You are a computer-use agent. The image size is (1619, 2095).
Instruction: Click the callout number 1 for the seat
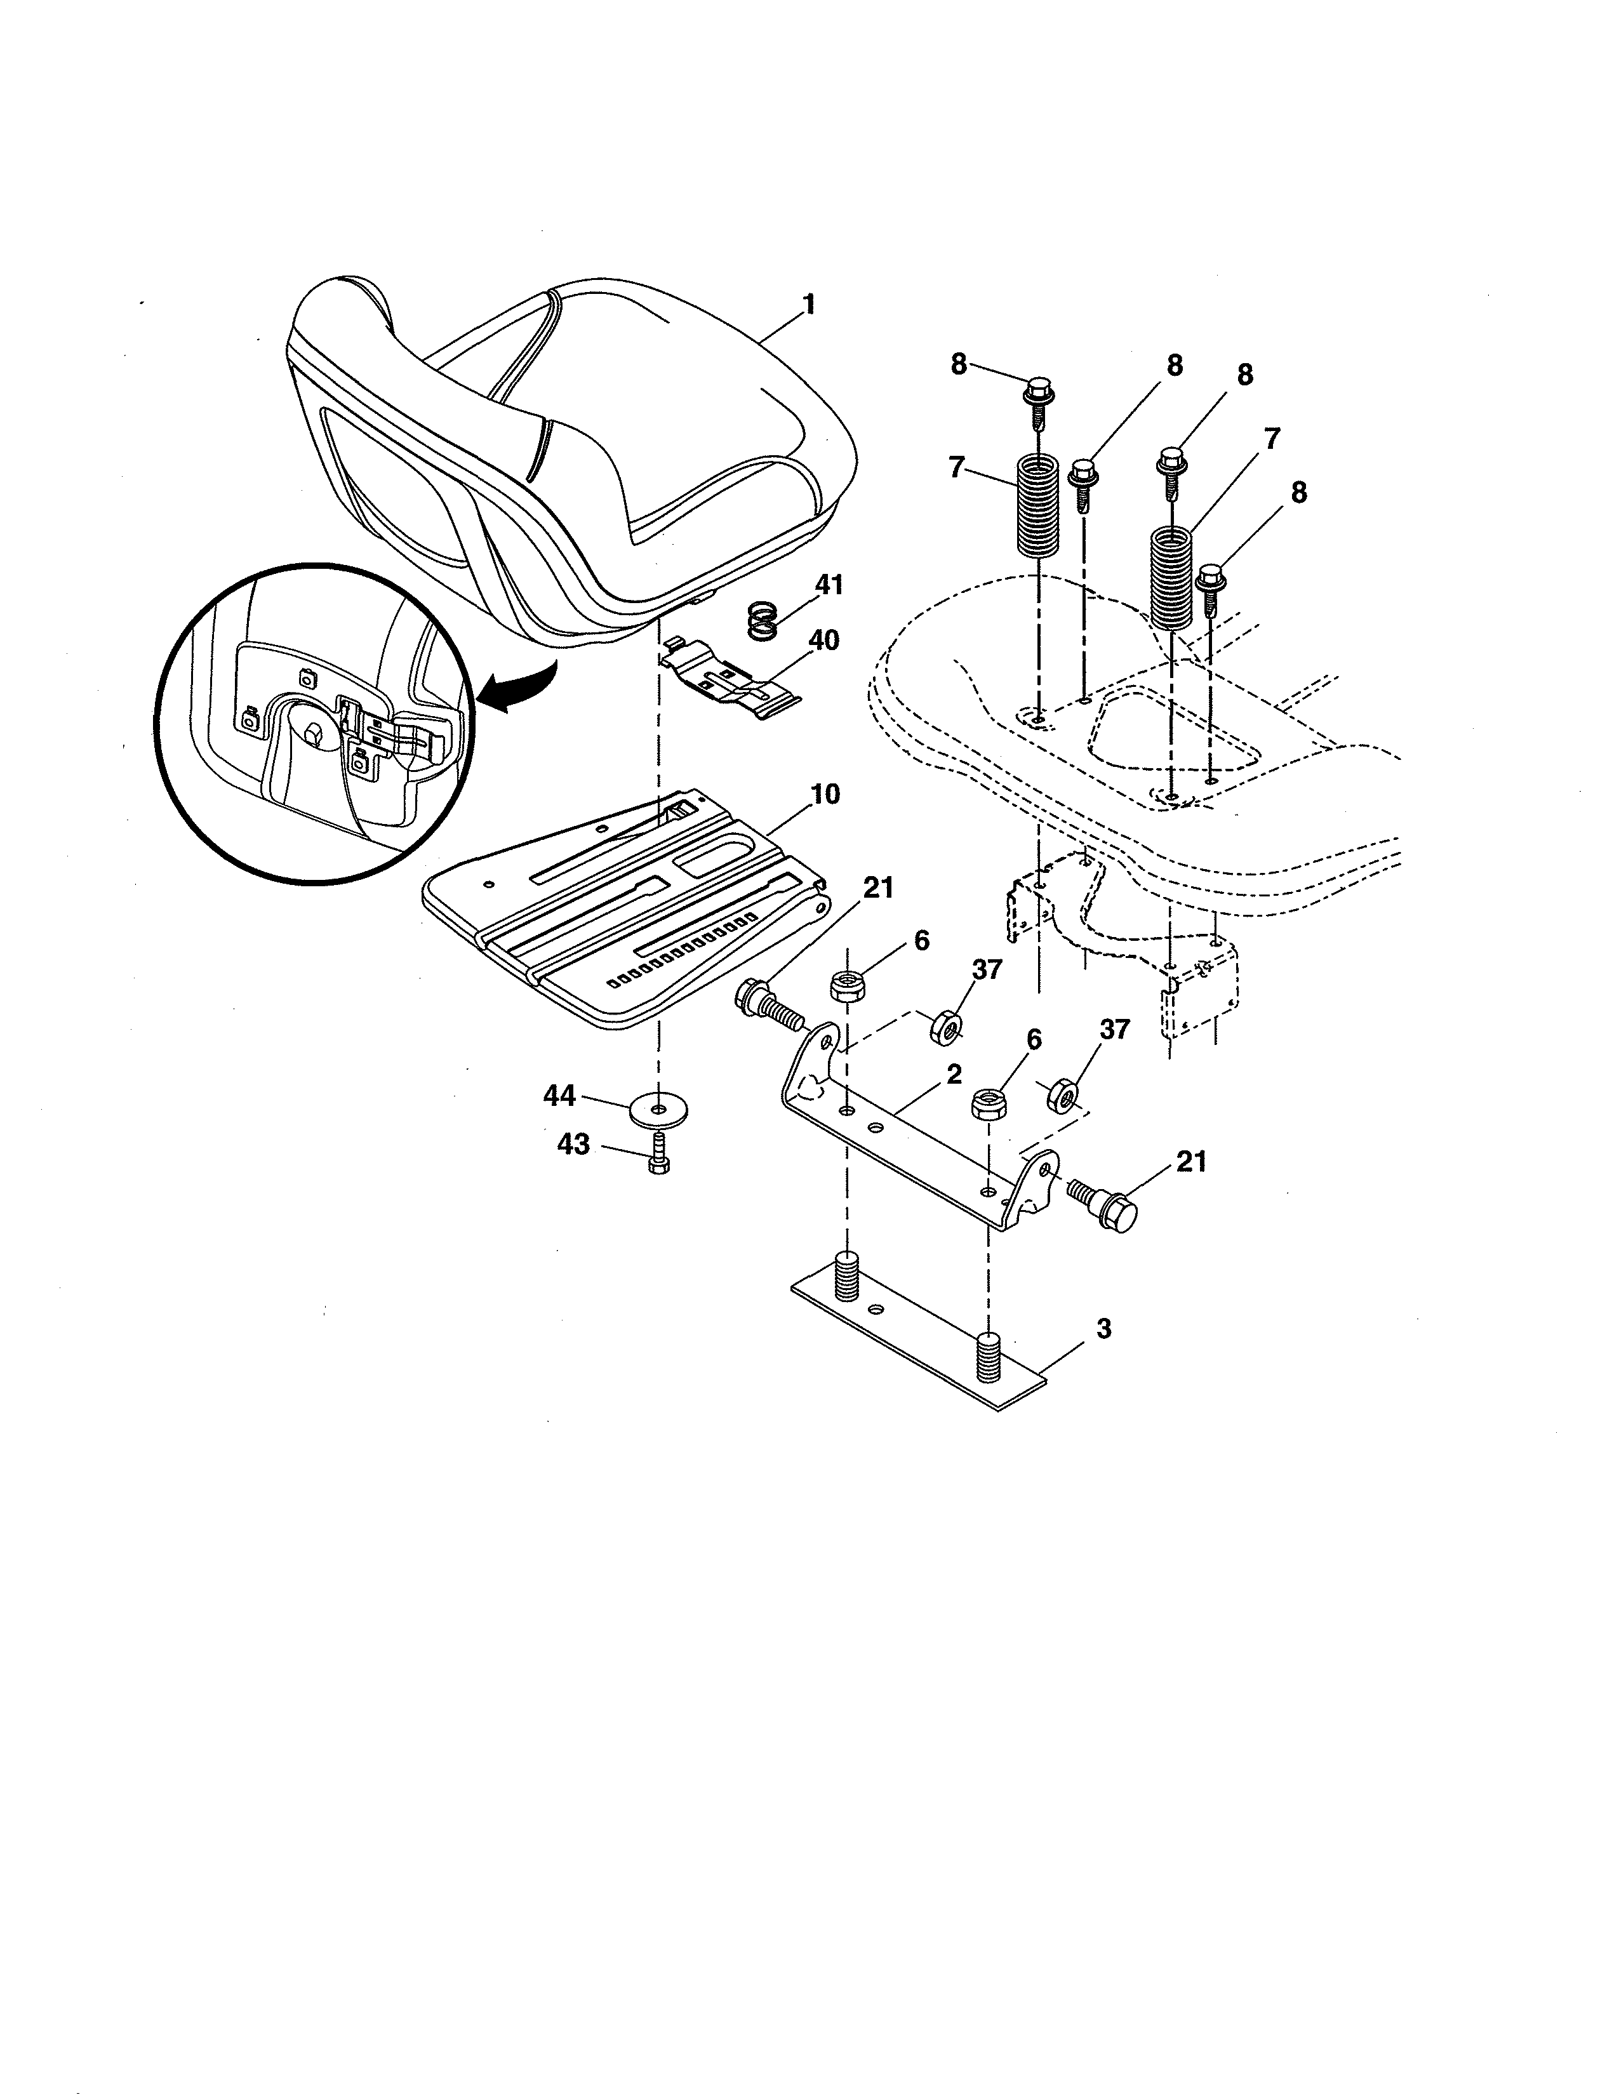[x=808, y=305]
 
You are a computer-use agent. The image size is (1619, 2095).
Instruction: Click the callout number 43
[x=573, y=1145]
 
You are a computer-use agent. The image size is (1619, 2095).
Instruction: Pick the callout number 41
[x=828, y=583]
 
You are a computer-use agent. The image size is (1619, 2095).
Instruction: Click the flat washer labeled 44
[x=658, y=1111]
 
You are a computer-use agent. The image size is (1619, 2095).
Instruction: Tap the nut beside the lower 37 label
[x=1061, y=1094]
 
